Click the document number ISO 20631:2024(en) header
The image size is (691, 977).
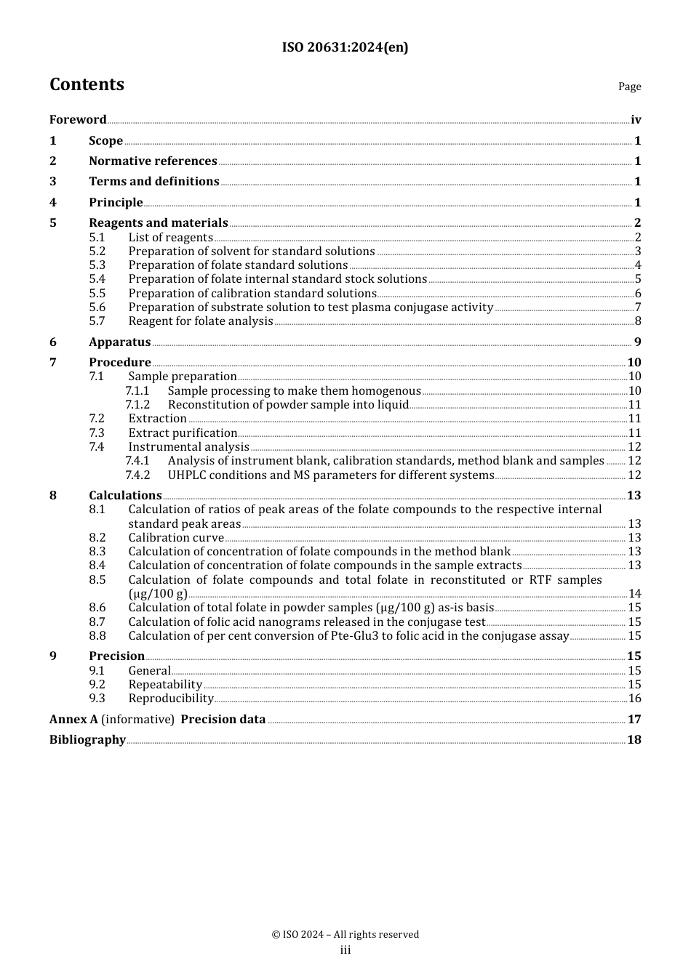click(345, 47)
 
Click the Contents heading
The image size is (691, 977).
click(87, 84)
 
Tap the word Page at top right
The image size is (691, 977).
click(629, 87)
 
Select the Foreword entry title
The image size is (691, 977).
click(78, 120)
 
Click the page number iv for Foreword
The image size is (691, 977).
click(636, 120)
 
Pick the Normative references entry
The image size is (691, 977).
click(153, 161)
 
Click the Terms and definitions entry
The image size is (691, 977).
click(153, 182)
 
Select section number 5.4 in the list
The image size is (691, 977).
click(97, 279)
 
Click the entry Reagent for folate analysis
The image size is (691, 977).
click(201, 321)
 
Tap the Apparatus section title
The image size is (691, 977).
click(119, 342)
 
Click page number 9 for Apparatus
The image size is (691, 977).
click(637, 342)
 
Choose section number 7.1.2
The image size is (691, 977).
click(137, 405)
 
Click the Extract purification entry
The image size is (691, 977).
click(183, 433)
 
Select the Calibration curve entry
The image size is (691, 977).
click(176, 538)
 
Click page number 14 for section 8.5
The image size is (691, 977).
click(634, 594)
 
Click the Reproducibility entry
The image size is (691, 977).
click(171, 699)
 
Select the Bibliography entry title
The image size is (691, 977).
click(87, 740)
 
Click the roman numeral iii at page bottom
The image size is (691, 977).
click(345, 950)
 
